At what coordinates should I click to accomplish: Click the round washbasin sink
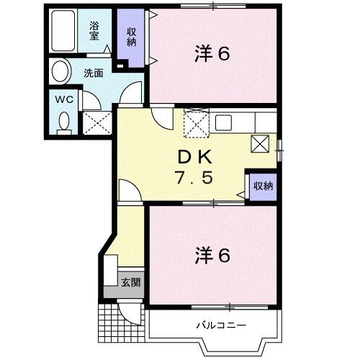click(60, 72)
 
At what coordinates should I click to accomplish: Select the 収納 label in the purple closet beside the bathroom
click(132, 35)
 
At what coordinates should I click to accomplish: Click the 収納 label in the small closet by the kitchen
click(262, 186)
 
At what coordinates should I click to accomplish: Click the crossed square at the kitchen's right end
click(260, 143)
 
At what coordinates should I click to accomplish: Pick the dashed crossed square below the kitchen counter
click(195, 123)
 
